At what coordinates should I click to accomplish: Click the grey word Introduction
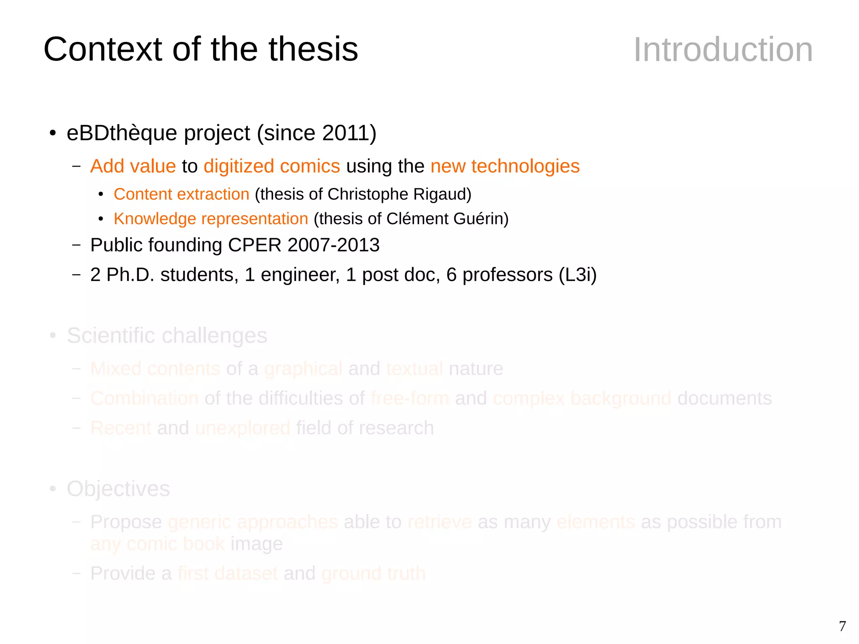(x=723, y=50)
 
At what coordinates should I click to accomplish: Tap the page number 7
(x=842, y=626)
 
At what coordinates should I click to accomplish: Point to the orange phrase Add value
(x=133, y=166)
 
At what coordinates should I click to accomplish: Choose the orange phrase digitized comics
(x=272, y=166)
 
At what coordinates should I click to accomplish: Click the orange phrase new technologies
(x=505, y=166)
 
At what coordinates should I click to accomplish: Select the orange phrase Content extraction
(x=182, y=194)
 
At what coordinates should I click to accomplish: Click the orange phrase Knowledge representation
(x=211, y=219)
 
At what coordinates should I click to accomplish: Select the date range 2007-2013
(x=333, y=245)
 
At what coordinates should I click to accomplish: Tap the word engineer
(x=300, y=275)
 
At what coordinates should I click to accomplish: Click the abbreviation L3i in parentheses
(x=578, y=275)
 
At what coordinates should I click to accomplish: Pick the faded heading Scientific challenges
(x=167, y=336)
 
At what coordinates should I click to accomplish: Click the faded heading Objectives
(x=118, y=489)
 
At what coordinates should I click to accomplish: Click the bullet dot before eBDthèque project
(x=53, y=133)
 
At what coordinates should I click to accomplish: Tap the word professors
(x=508, y=275)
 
